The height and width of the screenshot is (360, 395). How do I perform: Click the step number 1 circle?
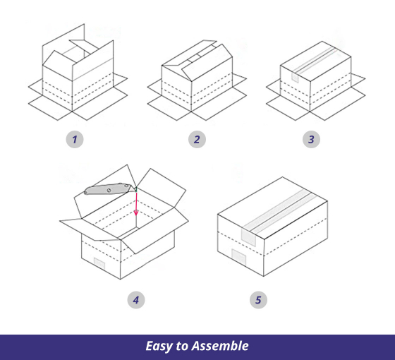[x=75, y=139]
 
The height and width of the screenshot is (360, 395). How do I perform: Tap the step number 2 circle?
[x=197, y=139]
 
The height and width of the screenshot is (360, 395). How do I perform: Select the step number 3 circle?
[x=311, y=139]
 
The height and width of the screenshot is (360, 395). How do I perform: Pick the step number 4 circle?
[x=136, y=300]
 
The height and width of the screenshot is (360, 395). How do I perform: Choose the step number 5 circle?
[x=258, y=300]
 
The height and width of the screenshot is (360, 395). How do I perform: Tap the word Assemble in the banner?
[x=220, y=346]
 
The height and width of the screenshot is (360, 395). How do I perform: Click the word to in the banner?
[x=182, y=346]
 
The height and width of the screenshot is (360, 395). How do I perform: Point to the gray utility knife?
[x=109, y=189]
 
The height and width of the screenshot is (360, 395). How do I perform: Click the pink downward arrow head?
[x=136, y=212]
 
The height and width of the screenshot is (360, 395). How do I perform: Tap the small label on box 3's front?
[x=295, y=78]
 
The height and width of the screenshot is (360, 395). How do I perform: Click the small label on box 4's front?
[x=99, y=263]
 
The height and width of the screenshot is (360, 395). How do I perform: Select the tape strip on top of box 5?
[x=279, y=211]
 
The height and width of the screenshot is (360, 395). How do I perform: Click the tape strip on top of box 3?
[x=315, y=60]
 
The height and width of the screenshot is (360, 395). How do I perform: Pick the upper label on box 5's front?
[x=248, y=237]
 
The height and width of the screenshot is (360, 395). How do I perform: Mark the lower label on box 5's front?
[x=239, y=257]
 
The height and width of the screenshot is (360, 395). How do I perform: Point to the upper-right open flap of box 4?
[x=162, y=187]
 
